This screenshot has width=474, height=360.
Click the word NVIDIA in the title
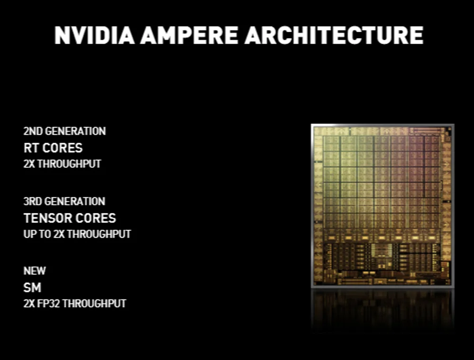(94, 35)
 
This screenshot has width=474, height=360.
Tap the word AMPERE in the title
(189, 35)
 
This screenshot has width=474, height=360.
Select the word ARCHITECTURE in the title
(334, 35)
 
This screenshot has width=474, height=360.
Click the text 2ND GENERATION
(64, 131)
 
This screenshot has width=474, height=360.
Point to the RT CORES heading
(53, 148)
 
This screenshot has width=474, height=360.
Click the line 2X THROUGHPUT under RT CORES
(62, 164)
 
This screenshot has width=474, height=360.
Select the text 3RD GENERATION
(64, 201)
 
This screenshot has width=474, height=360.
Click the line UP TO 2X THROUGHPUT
(77, 234)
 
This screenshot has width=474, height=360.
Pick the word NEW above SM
(35, 271)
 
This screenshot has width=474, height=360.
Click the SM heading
(32, 288)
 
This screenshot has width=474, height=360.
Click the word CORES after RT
(63, 148)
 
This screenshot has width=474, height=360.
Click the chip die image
(383, 206)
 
